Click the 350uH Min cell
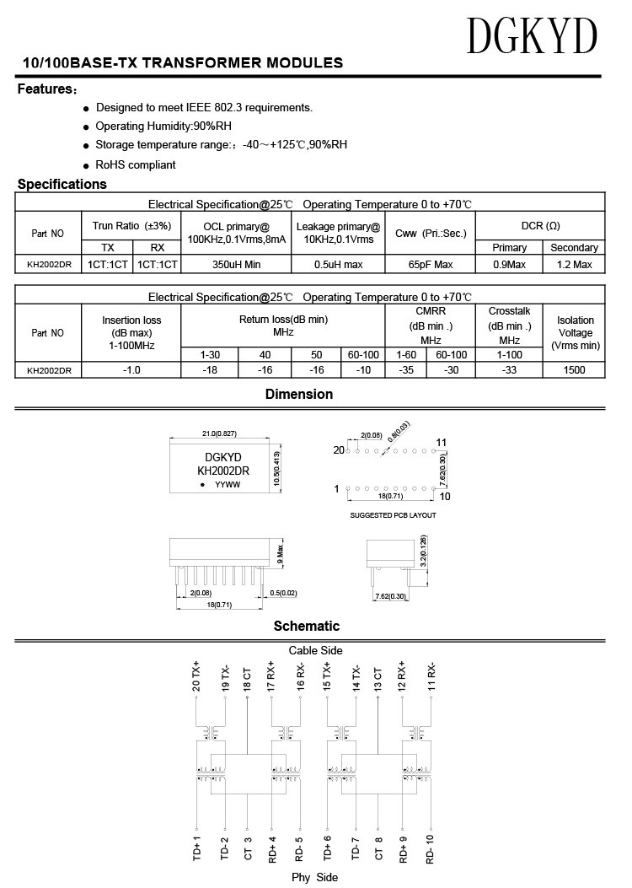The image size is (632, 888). pos(236,265)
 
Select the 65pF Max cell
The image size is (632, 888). pos(431,265)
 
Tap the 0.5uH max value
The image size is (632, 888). pos(338,265)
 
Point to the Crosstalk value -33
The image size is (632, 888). pos(509,369)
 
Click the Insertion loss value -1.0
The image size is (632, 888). pos(131,369)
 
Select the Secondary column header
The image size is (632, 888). pos(574,248)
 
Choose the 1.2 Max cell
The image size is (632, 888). pos(574,265)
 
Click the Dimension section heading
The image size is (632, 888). pos(299,394)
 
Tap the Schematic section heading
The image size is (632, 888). pos(306,626)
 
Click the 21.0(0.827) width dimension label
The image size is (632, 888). pos(219,433)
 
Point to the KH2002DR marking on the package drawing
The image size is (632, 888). pos(222,471)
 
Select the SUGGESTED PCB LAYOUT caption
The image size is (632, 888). pos(393,514)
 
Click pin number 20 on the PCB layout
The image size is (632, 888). pos(339,450)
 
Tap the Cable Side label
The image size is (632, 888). pos(315,650)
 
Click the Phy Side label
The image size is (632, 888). pos(314,878)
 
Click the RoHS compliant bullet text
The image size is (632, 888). pos(136,165)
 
